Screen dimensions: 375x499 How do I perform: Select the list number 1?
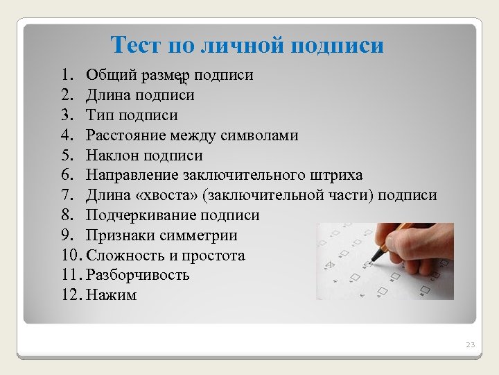[65, 74]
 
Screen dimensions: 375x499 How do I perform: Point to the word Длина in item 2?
[107, 94]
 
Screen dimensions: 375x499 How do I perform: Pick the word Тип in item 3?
[99, 115]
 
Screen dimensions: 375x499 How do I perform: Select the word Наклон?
[110, 155]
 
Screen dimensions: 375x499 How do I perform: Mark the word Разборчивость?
[138, 276]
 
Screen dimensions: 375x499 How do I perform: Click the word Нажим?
[112, 296]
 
